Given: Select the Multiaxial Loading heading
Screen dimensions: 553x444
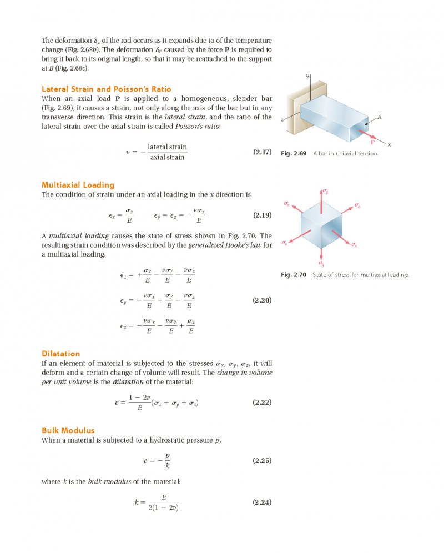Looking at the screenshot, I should pyautogui.click(x=78, y=185).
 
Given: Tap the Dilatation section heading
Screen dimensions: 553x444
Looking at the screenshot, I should pyautogui.click(x=61, y=354).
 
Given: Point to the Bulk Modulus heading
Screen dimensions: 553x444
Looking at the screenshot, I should pyautogui.click(x=68, y=430).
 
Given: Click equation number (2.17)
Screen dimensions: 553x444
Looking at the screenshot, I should pyautogui.click(x=262, y=152).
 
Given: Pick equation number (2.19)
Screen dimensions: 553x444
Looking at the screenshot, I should pyautogui.click(x=262, y=215).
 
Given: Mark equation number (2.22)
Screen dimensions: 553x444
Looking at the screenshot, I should pyautogui.click(x=262, y=402).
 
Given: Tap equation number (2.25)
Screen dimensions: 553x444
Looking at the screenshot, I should pyautogui.click(x=262, y=460).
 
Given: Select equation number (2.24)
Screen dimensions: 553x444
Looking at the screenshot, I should pyautogui.click(x=262, y=502).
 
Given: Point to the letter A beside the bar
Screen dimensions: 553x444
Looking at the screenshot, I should pyautogui.click(x=380, y=117).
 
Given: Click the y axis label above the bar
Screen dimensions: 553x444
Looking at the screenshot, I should pyautogui.click(x=307, y=75).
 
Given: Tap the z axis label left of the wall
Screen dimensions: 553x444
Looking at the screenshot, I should pyautogui.click(x=282, y=120).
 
